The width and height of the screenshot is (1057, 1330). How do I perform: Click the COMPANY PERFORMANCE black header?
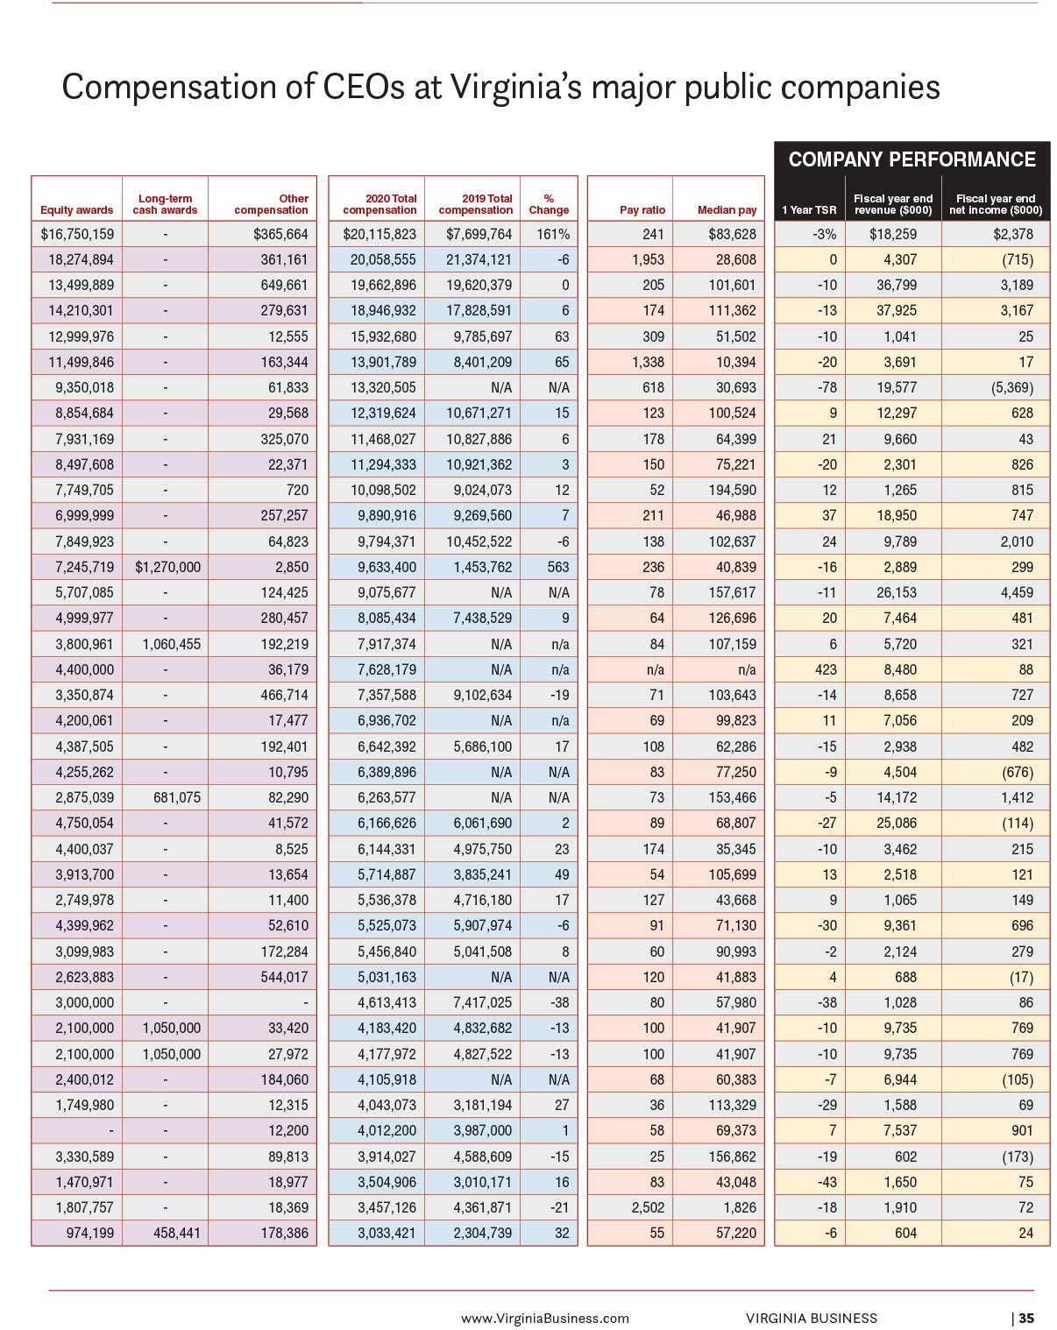click(x=911, y=159)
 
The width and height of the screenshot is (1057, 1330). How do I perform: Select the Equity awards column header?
click(x=77, y=210)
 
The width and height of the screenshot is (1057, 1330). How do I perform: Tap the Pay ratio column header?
click(x=642, y=210)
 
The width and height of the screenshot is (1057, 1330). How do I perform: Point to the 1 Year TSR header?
click(x=808, y=210)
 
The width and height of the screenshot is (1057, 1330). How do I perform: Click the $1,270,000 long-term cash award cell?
click(x=167, y=567)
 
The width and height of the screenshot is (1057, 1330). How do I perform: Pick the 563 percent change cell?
click(x=558, y=567)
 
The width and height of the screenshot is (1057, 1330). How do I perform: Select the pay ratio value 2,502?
click(x=648, y=1207)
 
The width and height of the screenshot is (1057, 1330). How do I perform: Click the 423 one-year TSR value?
click(x=825, y=669)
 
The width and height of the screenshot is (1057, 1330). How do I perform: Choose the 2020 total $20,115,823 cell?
click(x=380, y=234)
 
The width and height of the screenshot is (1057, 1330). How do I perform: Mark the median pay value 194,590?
click(x=732, y=490)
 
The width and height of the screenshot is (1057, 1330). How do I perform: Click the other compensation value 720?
click(x=297, y=490)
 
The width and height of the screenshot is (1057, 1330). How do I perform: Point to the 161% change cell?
click(x=552, y=234)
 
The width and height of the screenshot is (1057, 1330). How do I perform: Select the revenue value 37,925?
click(x=897, y=310)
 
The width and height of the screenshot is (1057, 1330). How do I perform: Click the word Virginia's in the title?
click(x=516, y=87)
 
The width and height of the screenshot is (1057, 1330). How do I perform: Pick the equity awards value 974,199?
click(x=89, y=1233)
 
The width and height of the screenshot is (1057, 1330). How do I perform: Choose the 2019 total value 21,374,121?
click(x=479, y=259)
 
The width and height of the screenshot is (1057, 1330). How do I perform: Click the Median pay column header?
click(x=727, y=210)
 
